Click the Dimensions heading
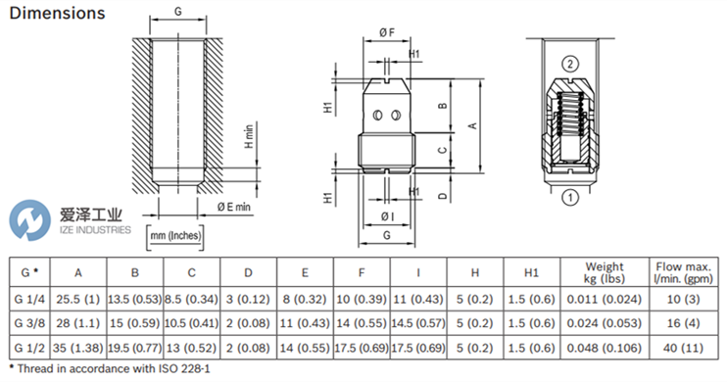click(57, 13)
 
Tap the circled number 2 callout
click(570, 64)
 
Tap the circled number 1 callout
click(570, 198)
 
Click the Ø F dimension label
click(387, 32)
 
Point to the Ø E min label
click(233, 207)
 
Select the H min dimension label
click(249, 136)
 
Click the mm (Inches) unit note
click(175, 236)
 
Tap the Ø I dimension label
click(387, 216)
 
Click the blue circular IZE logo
click(29, 220)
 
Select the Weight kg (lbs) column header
click(605, 272)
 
